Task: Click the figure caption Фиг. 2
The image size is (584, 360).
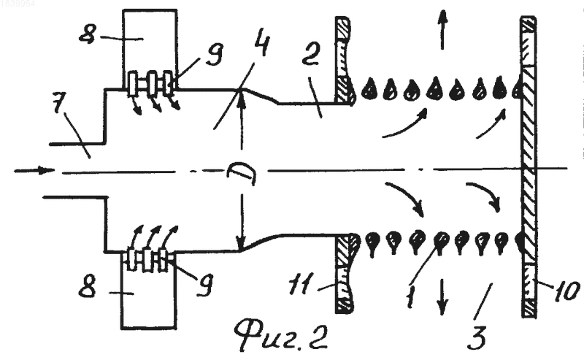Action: point(281,334)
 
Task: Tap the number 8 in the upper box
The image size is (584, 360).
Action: point(88,34)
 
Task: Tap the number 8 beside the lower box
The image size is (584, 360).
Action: point(87,287)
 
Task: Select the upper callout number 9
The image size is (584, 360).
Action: point(214,55)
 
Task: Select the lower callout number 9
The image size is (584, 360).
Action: point(205,285)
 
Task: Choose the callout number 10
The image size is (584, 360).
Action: point(566,291)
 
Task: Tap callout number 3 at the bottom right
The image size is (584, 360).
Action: point(478,337)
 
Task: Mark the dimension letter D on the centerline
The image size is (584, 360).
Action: point(242,172)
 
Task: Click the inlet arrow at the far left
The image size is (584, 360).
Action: point(34,171)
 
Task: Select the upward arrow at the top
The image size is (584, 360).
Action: point(442,30)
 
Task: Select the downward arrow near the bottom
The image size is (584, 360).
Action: point(442,297)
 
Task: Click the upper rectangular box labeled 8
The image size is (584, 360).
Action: point(150,48)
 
